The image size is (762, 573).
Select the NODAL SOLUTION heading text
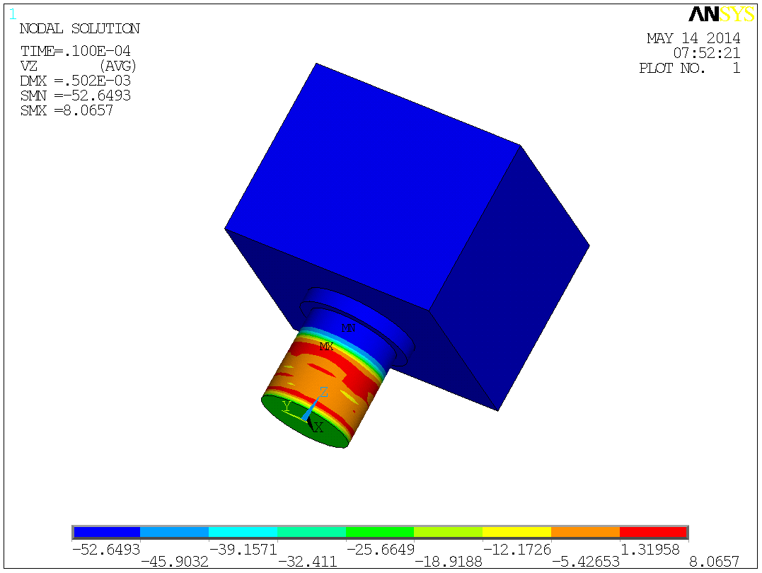79,29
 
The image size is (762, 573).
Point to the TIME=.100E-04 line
75,52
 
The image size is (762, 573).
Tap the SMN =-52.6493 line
75,95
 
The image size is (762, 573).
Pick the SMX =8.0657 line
67,110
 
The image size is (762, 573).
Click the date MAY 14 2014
693,38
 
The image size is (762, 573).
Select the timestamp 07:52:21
707,53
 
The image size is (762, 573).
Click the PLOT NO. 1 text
689,69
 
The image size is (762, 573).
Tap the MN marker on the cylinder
348,328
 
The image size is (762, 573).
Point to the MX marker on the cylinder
326,347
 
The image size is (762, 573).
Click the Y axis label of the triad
287,405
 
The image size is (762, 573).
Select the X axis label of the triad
318,427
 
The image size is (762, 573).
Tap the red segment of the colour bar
652,532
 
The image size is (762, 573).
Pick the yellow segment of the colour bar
516,532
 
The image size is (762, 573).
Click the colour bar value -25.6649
380,549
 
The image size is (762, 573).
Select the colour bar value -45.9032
174,562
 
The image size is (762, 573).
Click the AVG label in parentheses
117,66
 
